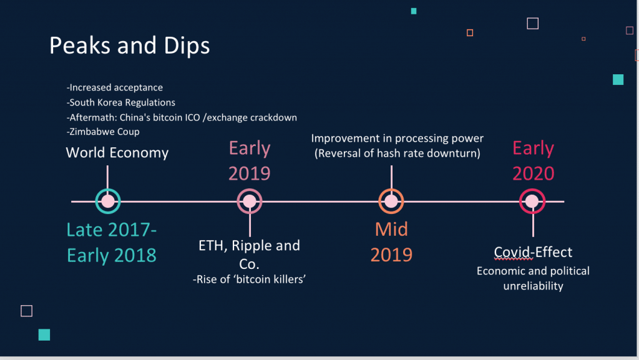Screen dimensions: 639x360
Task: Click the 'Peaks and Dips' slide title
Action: click(x=130, y=45)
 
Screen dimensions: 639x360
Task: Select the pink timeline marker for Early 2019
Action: click(x=250, y=201)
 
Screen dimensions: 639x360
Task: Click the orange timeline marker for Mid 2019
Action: click(x=391, y=201)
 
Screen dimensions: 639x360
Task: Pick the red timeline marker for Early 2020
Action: click(x=532, y=201)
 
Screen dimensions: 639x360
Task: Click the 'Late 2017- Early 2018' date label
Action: click(x=112, y=243)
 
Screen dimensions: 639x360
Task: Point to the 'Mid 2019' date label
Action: click(x=391, y=242)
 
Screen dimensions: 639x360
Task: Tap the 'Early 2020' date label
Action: click(x=534, y=160)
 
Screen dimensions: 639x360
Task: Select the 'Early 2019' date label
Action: click(x=250, y=160)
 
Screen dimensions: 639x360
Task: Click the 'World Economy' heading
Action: click(x=117, y=153)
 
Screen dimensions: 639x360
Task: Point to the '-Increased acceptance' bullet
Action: click(x=115, y=87)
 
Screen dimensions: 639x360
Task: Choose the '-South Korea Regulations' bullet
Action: click(x=120, y=102)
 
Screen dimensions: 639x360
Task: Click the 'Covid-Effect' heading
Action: click(x=533, y=253)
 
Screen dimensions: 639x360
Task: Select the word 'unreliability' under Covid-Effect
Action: click(x=533, y=286)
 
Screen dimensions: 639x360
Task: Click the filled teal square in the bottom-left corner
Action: click(x=44, y=335)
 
